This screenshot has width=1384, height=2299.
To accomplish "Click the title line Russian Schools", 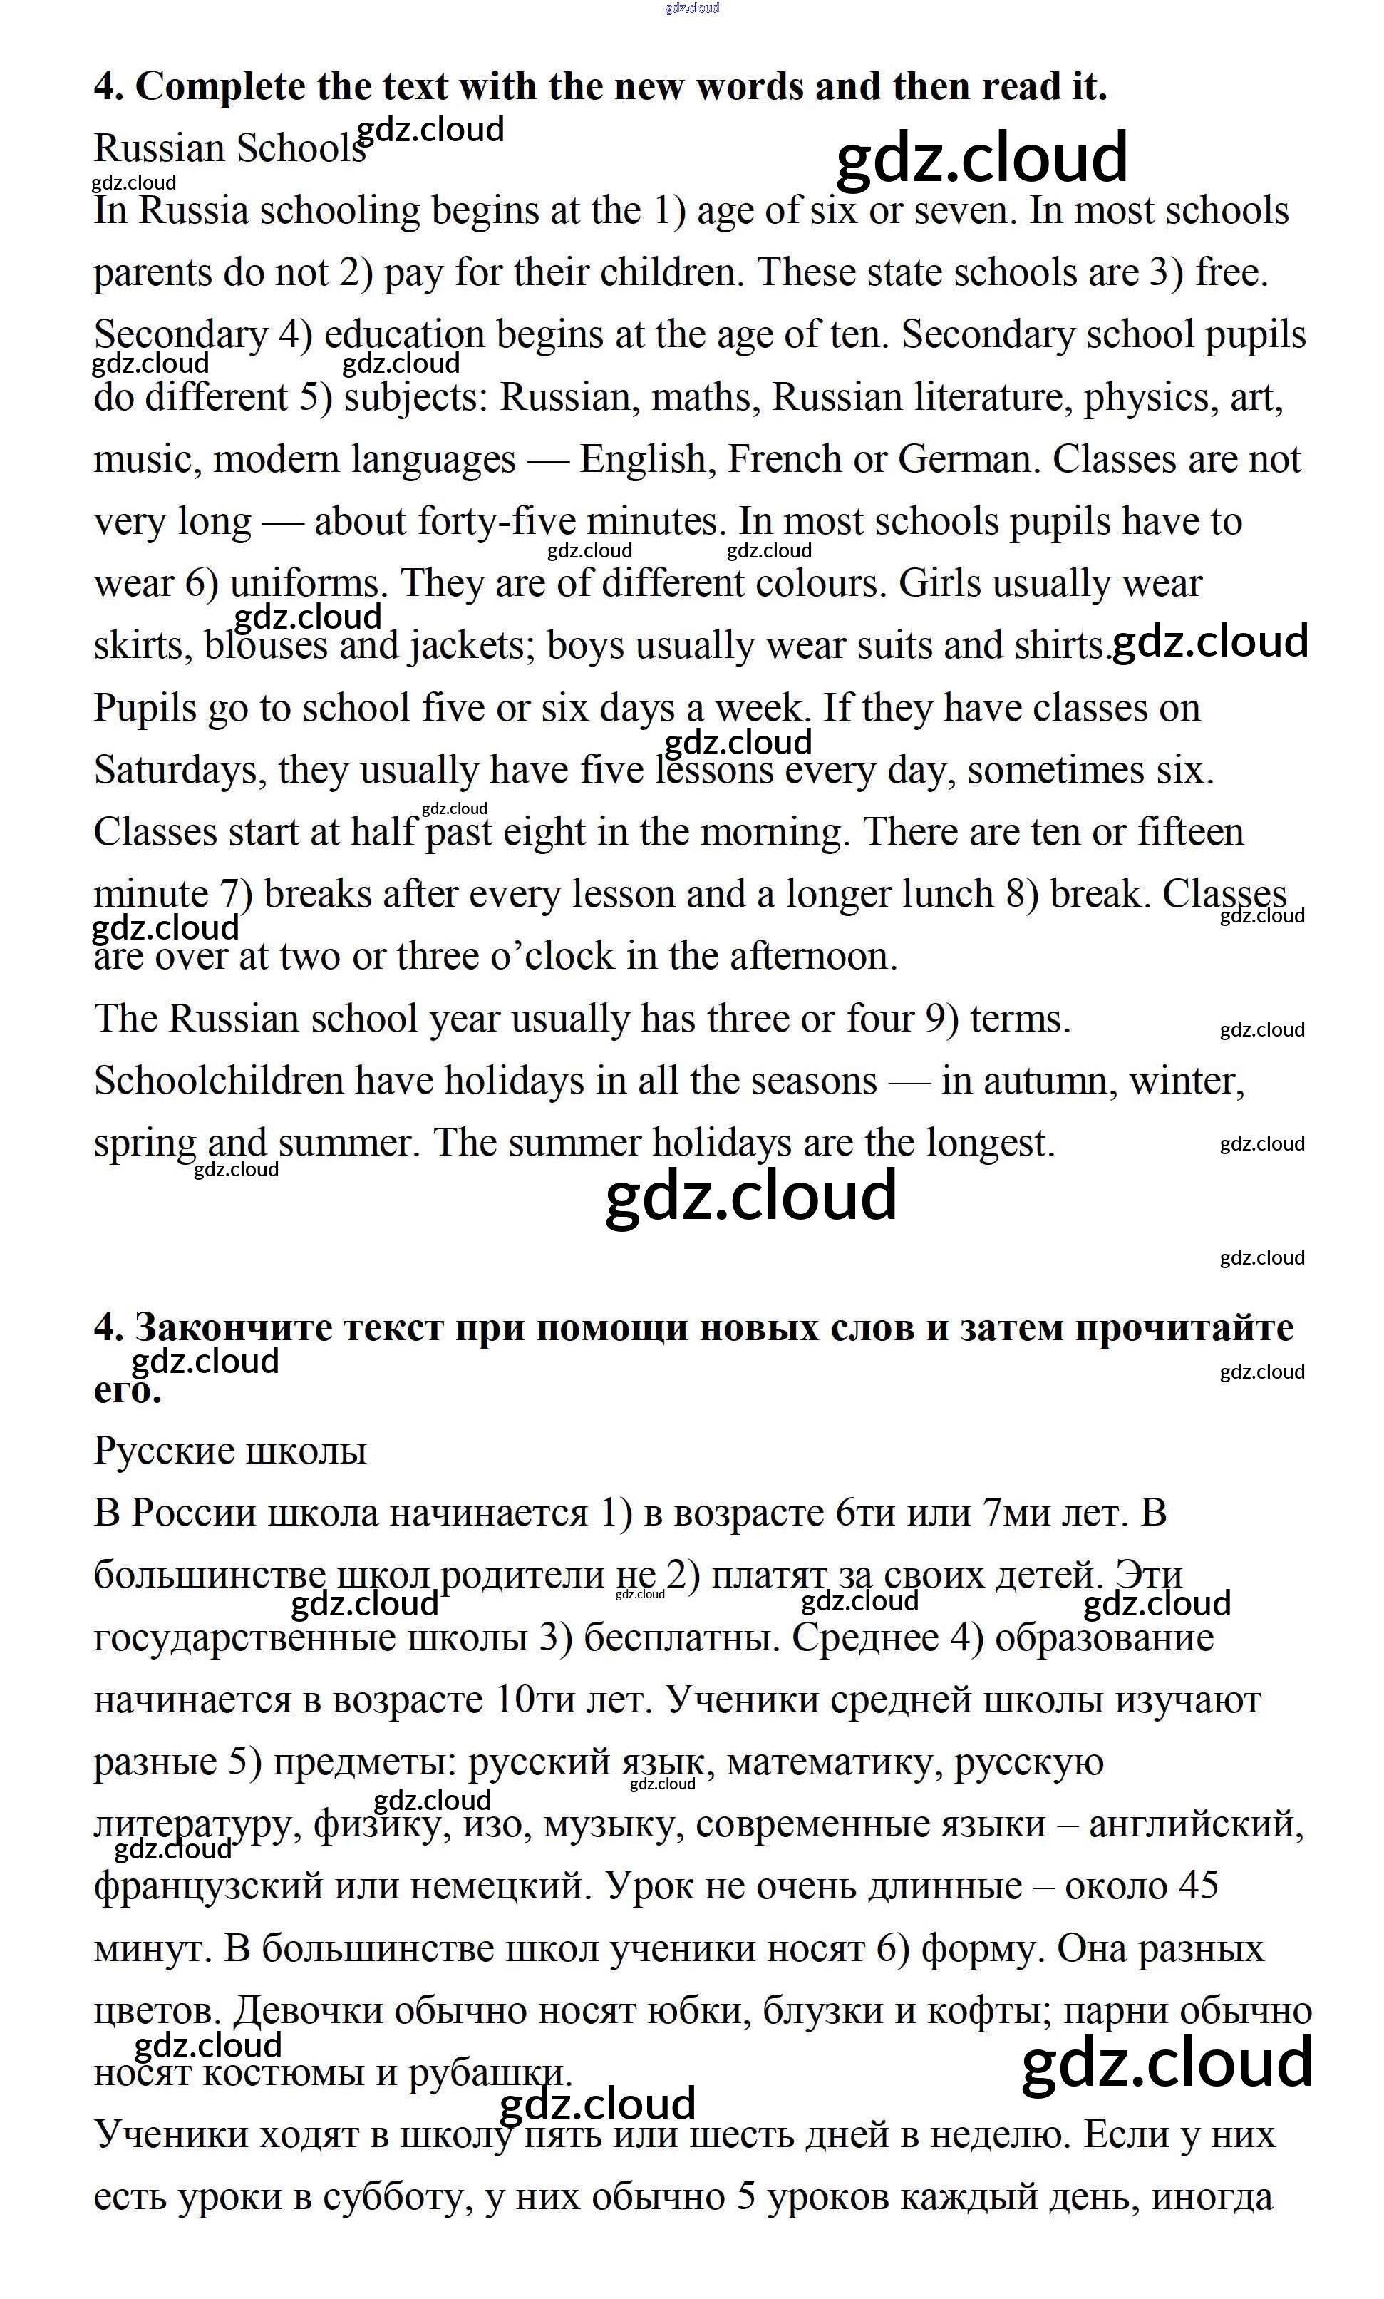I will (229, 149).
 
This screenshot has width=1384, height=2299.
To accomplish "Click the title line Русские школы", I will (229, 1451).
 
